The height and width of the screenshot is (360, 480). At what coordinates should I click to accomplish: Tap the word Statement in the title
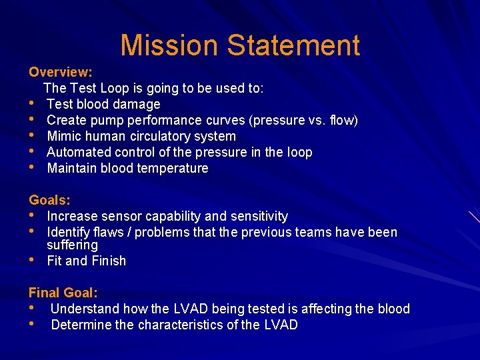click(x=294, y=45)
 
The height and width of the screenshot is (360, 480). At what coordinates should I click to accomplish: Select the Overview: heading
click(x=61, y=72)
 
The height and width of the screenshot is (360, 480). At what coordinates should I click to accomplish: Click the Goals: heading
click(x=50, y=200)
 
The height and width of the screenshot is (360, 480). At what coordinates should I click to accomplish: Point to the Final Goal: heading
click(x=63, y=293)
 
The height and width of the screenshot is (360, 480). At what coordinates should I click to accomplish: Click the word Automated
click(x=77, y=152)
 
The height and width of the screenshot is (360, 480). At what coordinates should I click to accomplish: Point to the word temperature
click(x=173, y=168)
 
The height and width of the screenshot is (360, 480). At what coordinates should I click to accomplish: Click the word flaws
click(x=109, y=232)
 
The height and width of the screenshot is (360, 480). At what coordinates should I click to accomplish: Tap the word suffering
click(x=72, y=245)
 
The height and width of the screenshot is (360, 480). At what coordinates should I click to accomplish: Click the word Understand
click(x=85, y=309)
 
